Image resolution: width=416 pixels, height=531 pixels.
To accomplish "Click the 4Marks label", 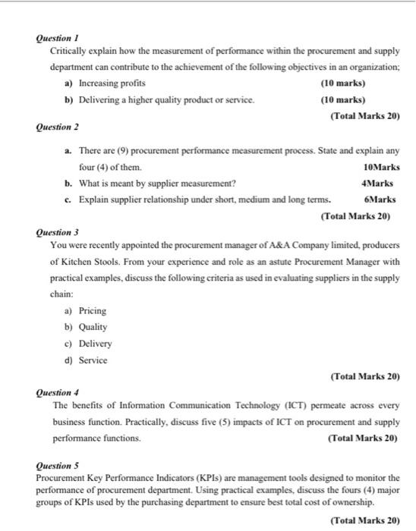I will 382,183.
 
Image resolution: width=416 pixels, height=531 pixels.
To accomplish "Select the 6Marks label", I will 382,200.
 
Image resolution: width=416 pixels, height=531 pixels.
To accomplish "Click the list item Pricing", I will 92,311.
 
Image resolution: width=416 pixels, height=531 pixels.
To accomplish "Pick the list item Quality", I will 93,327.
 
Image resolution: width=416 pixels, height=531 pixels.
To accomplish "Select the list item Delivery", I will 95,344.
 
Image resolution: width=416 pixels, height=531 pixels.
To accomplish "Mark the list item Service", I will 93,360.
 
